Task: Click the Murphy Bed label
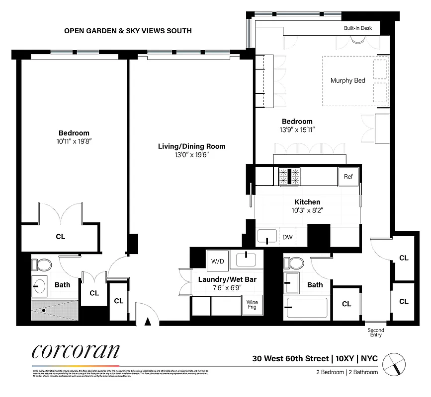tap(347, 80)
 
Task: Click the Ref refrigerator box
tap(348, 176)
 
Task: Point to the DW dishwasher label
tap(287, 237)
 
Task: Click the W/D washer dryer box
tap(217, 261)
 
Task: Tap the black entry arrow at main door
tap(147, 322)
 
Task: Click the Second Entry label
tap(375, 332)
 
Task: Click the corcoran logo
tap(75, 351)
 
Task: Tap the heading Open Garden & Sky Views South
tap(128, 31)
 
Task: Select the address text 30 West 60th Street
tap(290, 358)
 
